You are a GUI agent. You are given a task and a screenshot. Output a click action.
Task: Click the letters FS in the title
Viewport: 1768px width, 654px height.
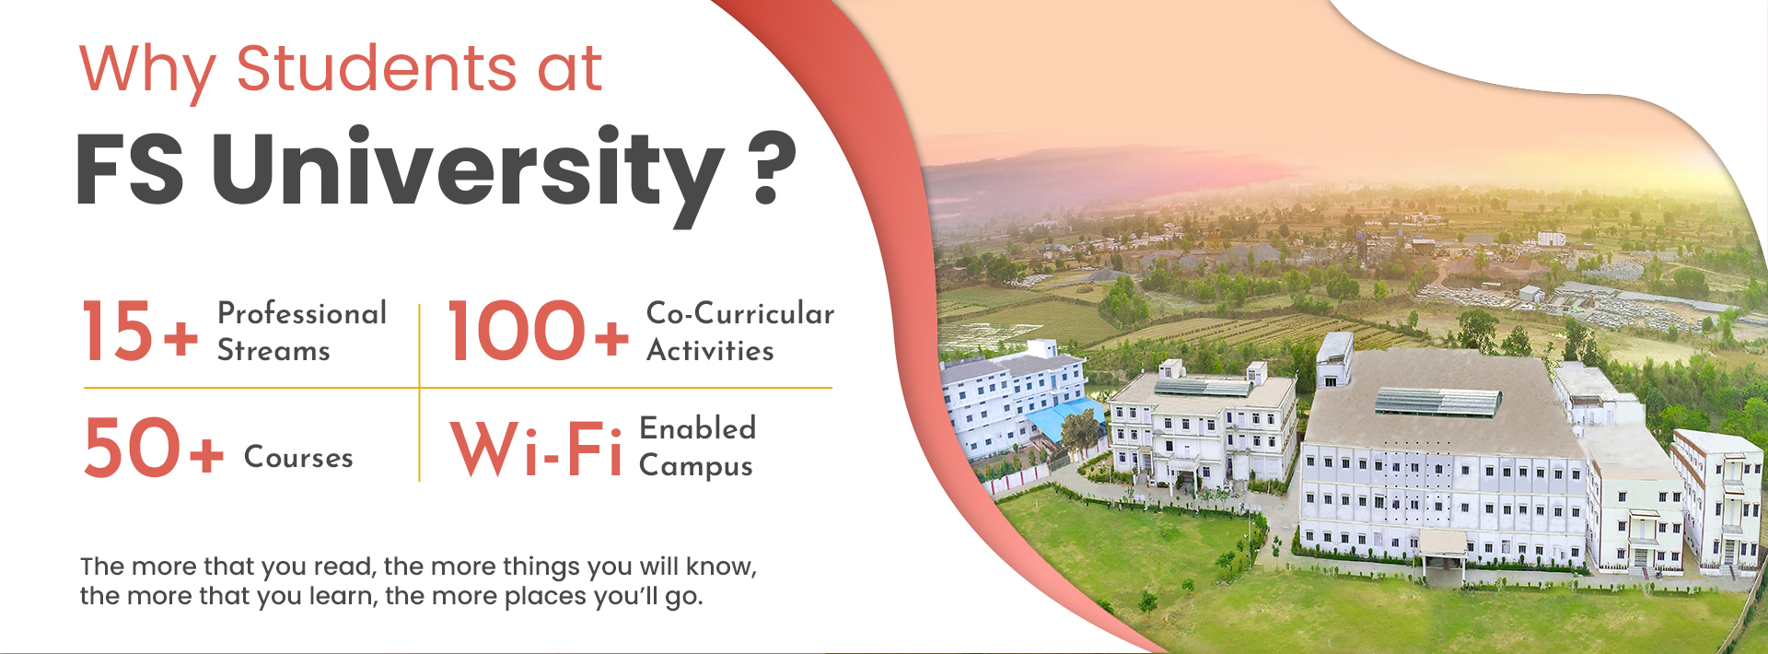point(130,169)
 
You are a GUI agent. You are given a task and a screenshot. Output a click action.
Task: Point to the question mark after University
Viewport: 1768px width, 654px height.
point(771,168)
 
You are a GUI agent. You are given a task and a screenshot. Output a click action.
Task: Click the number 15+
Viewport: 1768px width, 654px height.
point(140,331)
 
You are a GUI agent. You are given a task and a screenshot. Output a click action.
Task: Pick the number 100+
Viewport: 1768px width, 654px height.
point(539,331)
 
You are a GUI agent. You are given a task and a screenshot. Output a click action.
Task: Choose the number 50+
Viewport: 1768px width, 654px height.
point(153,448)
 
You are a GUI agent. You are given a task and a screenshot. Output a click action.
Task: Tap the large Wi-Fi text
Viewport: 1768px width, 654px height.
point(538,449)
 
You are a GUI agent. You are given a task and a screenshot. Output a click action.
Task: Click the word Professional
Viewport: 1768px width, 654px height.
point(302,314)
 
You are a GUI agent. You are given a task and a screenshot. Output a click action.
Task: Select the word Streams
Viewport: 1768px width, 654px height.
point(273,351)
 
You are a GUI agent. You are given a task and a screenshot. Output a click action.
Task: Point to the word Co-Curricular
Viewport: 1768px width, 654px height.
point(740,313)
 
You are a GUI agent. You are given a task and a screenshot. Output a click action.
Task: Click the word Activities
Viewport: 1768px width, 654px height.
point(710,350)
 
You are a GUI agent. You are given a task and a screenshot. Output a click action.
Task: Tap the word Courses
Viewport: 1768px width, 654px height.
point(298,457)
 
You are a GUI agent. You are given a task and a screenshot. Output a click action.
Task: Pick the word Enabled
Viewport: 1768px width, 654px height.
point(698,428)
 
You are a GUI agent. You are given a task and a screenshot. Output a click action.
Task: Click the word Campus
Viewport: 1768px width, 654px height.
point(696,466)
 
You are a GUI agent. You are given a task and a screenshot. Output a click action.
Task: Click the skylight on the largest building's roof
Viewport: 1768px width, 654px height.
point(1437,402)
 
